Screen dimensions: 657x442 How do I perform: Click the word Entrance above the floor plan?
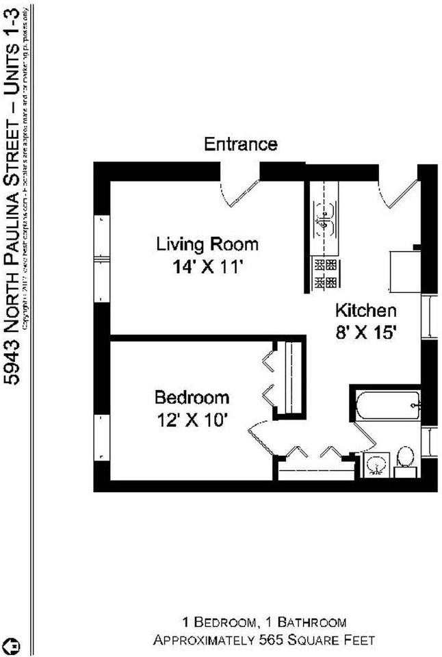click(x=241, y=144)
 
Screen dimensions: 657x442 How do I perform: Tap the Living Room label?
click(x=207, y=244)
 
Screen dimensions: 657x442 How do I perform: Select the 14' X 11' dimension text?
click(x=208, y=267)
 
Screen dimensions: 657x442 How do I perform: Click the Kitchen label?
click(x=365, y=310)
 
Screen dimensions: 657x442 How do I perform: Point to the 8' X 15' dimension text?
click(x=366, y=333)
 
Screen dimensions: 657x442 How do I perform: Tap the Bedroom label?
click(x=192, y=398)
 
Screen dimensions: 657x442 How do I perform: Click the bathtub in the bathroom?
click(x=387, y=405)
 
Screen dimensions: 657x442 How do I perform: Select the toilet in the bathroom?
click(x=405, y=459)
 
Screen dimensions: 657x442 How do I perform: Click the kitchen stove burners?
click(x=324, y=272)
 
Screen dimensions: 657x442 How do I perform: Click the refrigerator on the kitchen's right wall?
click(x=404, y=271)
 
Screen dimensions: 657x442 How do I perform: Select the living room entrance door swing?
click(x=239, y=192)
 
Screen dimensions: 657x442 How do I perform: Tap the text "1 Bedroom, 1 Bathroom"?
click(x=263, y=622)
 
